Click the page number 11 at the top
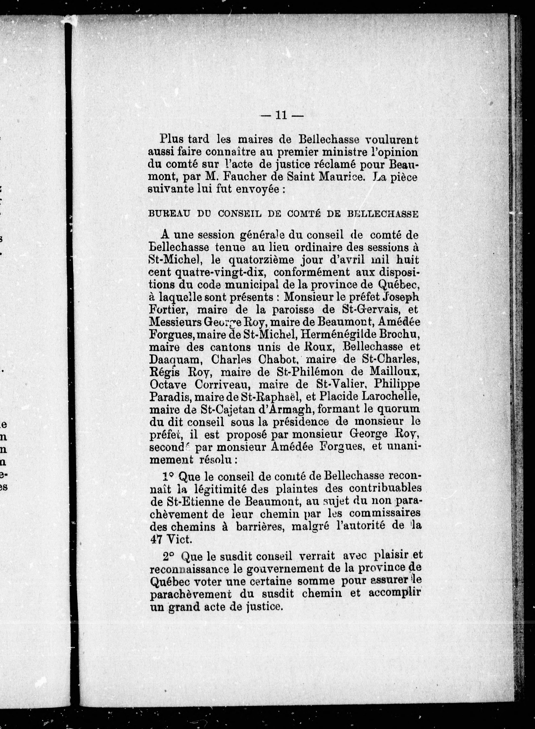[280, 116]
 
